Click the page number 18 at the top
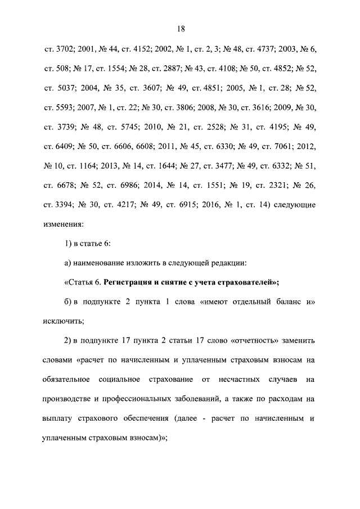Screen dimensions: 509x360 click(181, 29)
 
